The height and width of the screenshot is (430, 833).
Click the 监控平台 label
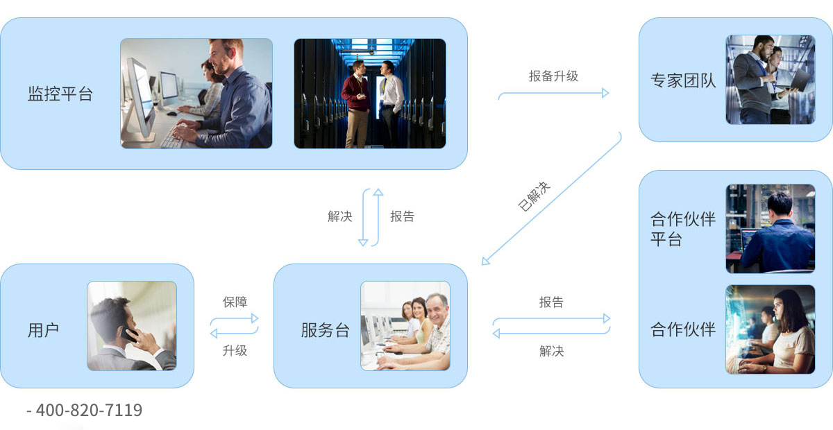[x=60, y=94]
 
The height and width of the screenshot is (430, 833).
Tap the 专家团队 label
[x=683, y=80]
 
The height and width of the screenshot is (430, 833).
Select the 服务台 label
[x=325, y=330]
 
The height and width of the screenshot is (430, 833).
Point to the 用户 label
[x=43, y=330]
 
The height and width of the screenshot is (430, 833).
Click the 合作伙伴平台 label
[x=683, y=229]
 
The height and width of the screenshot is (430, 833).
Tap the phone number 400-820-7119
[x=89, y=411]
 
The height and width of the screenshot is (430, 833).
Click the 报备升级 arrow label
[x=553, y=76]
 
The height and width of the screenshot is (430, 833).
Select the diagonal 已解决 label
[x=534, y=196]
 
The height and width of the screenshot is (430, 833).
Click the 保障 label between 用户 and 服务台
[x=235, y=302]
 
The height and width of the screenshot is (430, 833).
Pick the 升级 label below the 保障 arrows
[x=235, y=350]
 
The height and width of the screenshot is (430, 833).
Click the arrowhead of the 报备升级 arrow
[x=605, y=93]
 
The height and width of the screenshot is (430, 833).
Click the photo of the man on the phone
[x=132, y=326]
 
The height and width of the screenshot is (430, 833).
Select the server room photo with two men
[x=369, y=94]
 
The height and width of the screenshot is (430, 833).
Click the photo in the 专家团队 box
[x=771, y=80]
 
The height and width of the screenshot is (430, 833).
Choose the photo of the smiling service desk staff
[x=405, y=326]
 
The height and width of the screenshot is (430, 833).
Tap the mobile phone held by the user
[x=128, y=334]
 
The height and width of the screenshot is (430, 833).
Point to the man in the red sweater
[x=356, y=105]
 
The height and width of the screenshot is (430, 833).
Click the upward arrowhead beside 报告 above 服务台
[x=378, y=192]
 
